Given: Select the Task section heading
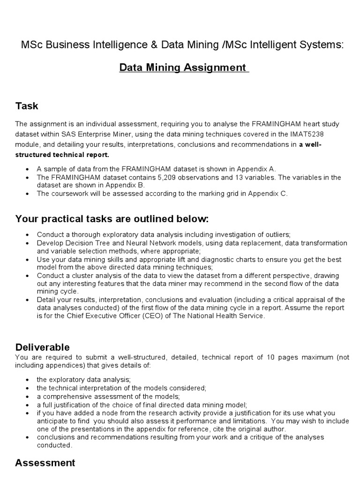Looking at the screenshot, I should (27, 106).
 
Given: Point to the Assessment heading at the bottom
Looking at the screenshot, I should (45, 463).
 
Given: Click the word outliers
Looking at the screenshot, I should (276, 234).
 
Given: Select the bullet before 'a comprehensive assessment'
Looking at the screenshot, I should (28, 397).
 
